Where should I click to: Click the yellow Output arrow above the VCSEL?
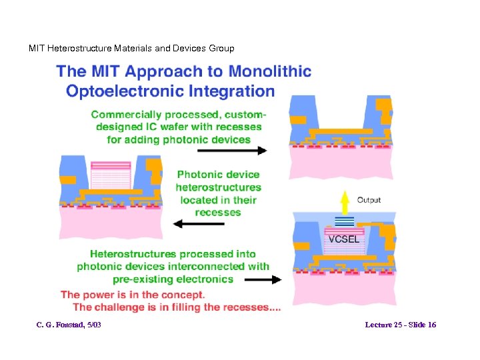tap(345, 201)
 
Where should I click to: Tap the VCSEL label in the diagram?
tap(343, 238)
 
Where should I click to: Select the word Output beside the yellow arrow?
tap(369, 199)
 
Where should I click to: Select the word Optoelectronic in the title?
tap(125, 91)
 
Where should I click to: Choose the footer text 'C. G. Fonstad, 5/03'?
tap(69, 325)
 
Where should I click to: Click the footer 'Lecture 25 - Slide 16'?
tap(400, 325)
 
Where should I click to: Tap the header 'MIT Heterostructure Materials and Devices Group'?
tap(131, 48)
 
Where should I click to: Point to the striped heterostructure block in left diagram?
tap(111, 177)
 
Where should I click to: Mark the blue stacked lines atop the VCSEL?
tap(343, 222)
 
